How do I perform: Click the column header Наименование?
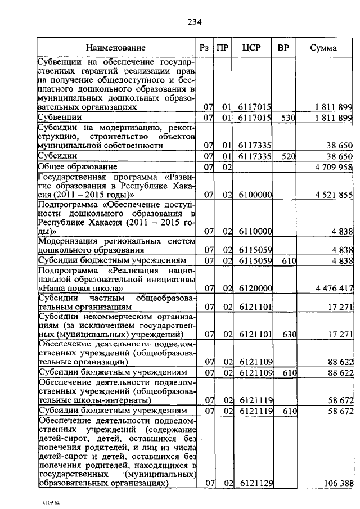(116, 48)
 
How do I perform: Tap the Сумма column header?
(323, 48)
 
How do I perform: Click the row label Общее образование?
(78, 167)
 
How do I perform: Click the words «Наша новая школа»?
(79, 289)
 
